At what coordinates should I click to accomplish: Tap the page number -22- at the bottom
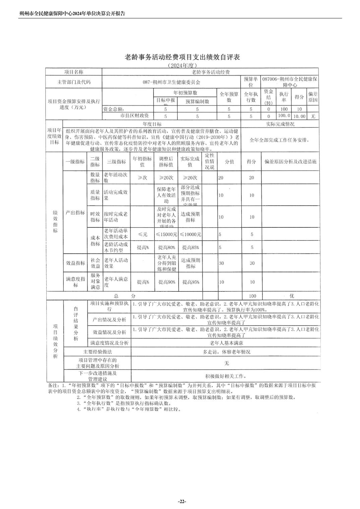coord(182,501)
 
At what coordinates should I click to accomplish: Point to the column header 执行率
coord(284,97)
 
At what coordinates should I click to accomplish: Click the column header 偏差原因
coord(312,97)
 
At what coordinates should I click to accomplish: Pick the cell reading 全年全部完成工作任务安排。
coord(279,140)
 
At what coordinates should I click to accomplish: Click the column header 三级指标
coord(116,161)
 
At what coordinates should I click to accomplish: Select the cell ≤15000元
coord(166,234)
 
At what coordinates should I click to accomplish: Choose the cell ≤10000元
coord(190,234)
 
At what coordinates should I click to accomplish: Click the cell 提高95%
coord(190,282)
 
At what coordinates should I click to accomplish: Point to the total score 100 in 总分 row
coord(252,296)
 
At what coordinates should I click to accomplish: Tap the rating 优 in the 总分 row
coord(291,296)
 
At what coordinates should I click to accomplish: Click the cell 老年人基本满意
coord(226,343)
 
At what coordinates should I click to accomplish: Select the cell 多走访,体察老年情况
coord(226,352)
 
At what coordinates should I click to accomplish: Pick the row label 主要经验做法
coord(98,352)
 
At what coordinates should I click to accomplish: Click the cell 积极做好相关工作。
coord(226,376)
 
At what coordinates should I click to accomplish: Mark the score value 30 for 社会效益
coord(252,263)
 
